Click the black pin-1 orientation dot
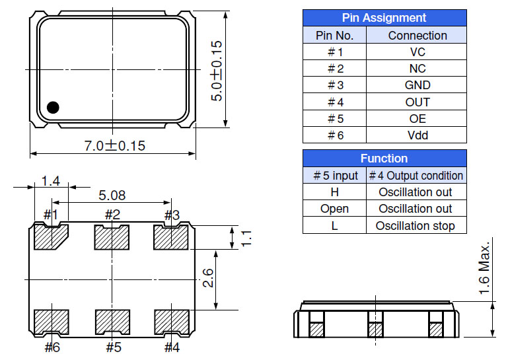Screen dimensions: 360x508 click(x=53, y=106)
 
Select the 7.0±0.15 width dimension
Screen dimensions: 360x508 click(x=114, y=146)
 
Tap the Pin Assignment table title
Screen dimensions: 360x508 click(x=384, y=18)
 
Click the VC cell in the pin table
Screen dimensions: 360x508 click(x=417, y=52)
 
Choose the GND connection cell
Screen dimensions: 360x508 click(x=417, y=85)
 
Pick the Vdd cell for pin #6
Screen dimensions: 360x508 click(x=417, y=135)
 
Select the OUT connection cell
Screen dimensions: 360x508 click(x=417, y=102)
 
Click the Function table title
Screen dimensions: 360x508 click(x=384, y=159)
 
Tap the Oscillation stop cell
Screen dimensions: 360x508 click(x=416, y=225)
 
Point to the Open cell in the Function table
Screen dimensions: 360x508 click(x=334, y=209)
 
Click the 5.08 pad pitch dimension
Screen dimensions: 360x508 click(x=112, y=196)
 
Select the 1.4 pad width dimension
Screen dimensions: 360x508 click(x=50, y=181)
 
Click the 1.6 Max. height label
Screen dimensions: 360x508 click(x=485, y=271)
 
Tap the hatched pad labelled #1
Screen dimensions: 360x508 click(x=50, y=237)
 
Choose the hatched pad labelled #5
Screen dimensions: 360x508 click(x=112, y=322)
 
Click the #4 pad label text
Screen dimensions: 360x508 click(x=172, y=347)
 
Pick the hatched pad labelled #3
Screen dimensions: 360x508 click(x=171, y=237)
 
